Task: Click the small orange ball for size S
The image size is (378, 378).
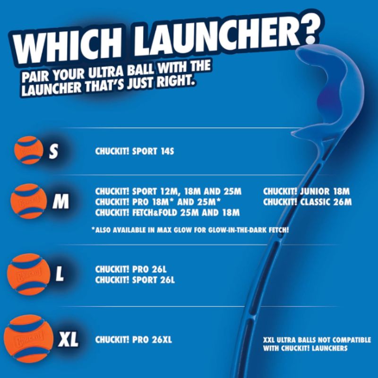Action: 28,150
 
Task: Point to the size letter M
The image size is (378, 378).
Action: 60,202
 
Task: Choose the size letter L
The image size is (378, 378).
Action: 60,275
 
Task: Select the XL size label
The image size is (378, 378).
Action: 68,339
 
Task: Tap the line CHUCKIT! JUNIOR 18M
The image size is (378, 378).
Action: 306,191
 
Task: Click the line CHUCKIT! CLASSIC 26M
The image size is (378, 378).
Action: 308,202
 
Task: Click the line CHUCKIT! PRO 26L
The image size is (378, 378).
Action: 131,269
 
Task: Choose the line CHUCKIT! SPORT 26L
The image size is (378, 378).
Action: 135,280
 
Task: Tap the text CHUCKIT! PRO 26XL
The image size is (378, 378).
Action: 133,339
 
